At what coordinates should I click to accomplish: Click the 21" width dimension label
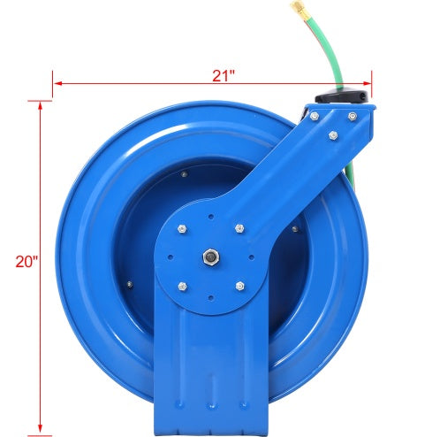point(224,76)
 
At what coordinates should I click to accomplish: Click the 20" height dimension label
point(27,262)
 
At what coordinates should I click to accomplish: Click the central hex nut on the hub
point(211,257)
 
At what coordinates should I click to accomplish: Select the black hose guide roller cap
point(342,96)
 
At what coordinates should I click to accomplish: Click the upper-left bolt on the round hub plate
point(182,229)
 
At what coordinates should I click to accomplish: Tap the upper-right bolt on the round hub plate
point(239,228)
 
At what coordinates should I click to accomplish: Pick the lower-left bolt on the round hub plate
point(183,286)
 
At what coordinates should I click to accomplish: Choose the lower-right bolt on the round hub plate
point(240,286)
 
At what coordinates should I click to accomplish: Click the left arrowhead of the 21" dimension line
point(58,83)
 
